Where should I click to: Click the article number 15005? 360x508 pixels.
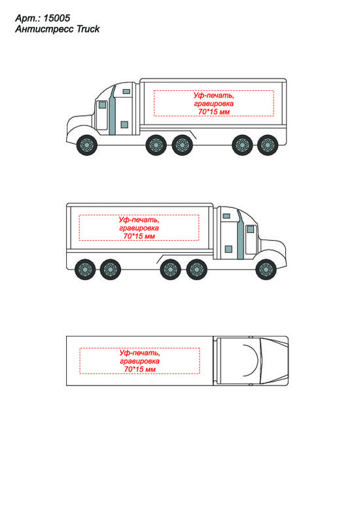click(x=56, y=18)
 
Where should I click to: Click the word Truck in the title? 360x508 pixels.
click(x=88, y=29)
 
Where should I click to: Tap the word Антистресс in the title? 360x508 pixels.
click(x=45, y=29)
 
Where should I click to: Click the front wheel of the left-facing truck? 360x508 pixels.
click(x=87, y=145)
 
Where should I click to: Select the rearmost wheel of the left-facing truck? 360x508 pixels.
click(x=268, y=145)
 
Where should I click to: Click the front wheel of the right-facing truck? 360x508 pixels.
click(x=266, y=269)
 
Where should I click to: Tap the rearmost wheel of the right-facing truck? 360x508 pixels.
click(x=85, y=269)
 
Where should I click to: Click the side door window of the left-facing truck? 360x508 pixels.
click(x=102, y=105)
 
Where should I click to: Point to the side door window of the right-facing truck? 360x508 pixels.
click(x=251, y=229)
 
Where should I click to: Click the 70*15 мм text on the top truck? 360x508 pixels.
click(x=214, y=112)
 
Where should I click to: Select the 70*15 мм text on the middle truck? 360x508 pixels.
click(x=139, y=236)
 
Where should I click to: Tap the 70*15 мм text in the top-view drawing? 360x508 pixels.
click(x=139, y=369)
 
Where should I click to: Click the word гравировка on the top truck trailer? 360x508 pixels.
click(x=214, y=103)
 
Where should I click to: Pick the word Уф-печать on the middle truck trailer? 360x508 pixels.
click(x=139, y=220)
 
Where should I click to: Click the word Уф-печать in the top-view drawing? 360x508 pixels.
click(x=139, y=353)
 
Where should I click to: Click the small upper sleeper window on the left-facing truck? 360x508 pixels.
click(x=126, y=92)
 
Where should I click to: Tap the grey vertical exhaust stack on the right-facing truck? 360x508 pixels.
click(x=240, y=236)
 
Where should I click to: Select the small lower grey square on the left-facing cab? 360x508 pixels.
click(x=124, y=125)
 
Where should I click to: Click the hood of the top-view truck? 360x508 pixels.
click(x=273, y=361)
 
